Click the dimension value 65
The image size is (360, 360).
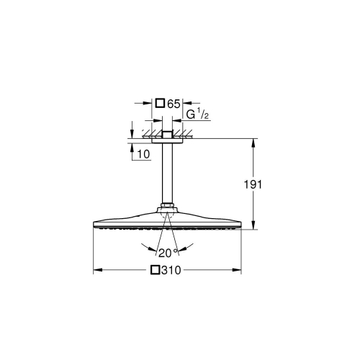[174, 104]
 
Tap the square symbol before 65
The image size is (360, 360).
[161, 104]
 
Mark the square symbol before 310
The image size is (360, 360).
[154, 271]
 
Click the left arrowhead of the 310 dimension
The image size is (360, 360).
[96, 271]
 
